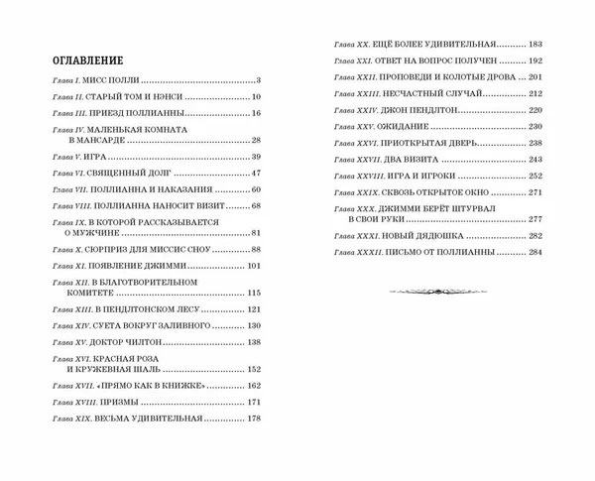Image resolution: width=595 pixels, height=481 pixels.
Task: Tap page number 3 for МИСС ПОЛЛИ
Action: point(256,80)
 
